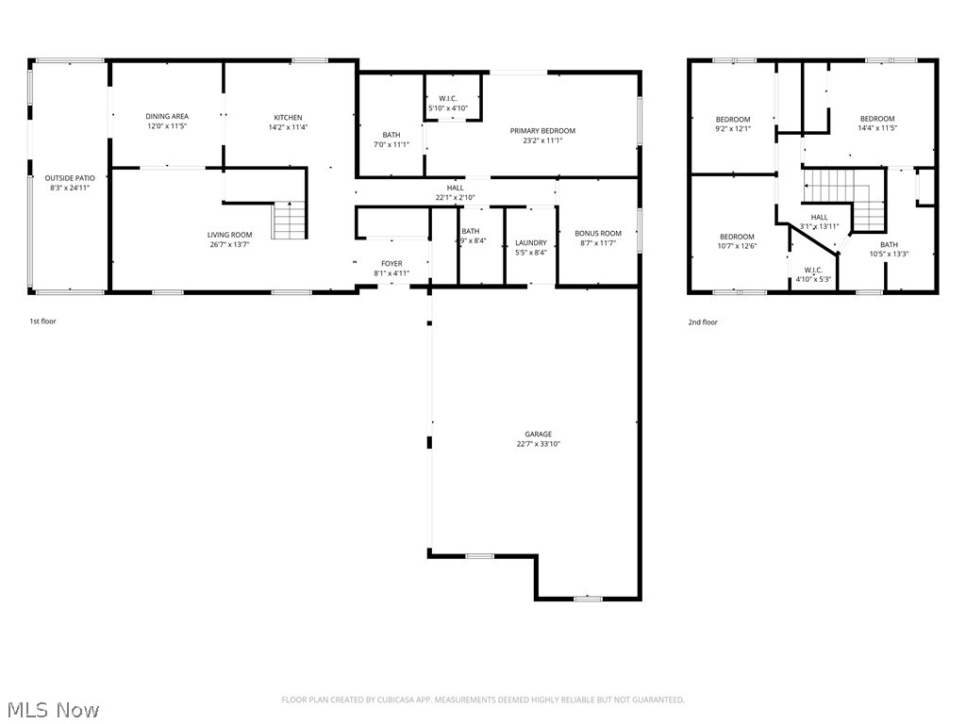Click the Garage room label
[539, 435]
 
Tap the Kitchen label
[289, 118]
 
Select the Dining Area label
[167, 117]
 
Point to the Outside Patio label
[70, 178]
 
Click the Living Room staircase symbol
[290, 221]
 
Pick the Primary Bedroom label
[542, 131]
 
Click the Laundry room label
[531, 243]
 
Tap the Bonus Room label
[598, 234]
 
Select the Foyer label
[391, 264]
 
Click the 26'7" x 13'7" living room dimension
[230, 244]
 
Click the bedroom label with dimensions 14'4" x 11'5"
[877, 119]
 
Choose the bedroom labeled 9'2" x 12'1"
[733, 120]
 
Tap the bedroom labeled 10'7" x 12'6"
[737, 237]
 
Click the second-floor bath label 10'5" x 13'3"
[889, 245]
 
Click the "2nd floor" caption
[702, 322]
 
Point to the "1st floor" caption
[42, 321]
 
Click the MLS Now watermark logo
[52, 709]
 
